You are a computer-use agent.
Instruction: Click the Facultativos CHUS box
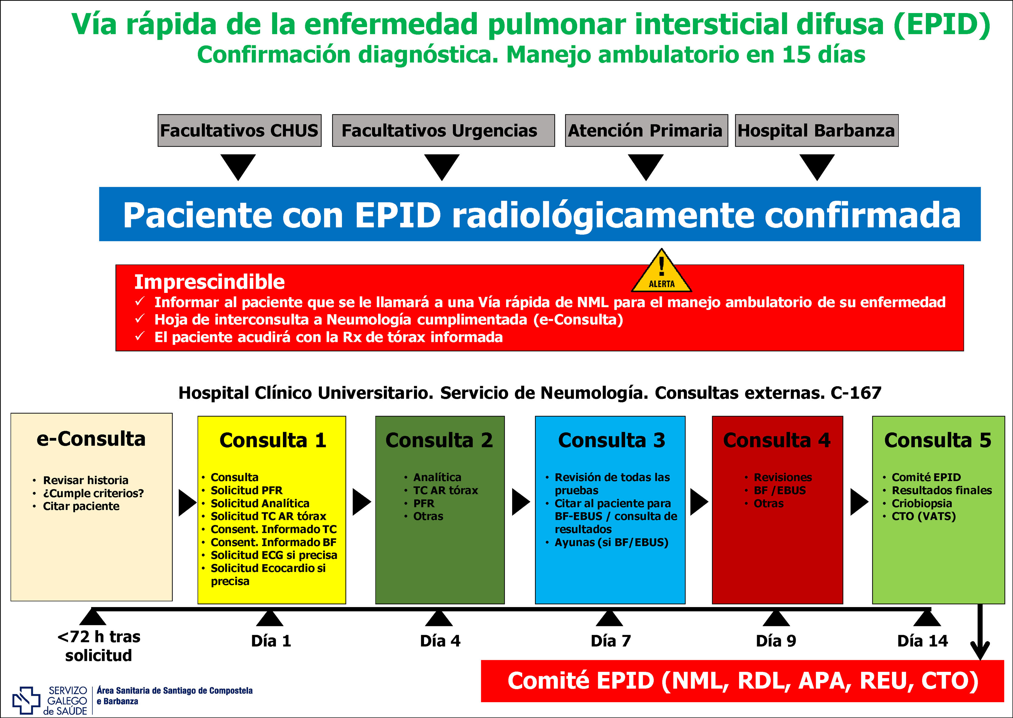(x=239, y=130)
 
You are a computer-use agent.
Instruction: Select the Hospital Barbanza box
(x=816, y=130)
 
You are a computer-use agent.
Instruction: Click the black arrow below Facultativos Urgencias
(x=442, y=167)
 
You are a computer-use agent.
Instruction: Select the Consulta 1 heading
(x=273, y=440)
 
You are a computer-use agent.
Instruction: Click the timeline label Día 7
(x=611, y=641)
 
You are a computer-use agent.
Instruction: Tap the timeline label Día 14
(x=922, y=641)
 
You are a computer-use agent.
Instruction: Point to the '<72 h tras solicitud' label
(x=98, y=646)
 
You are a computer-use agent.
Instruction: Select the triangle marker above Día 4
(x=439, y=618)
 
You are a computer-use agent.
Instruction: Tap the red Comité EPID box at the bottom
(x=743, y=681)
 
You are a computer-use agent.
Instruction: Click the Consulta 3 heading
(x=612, y=440)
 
